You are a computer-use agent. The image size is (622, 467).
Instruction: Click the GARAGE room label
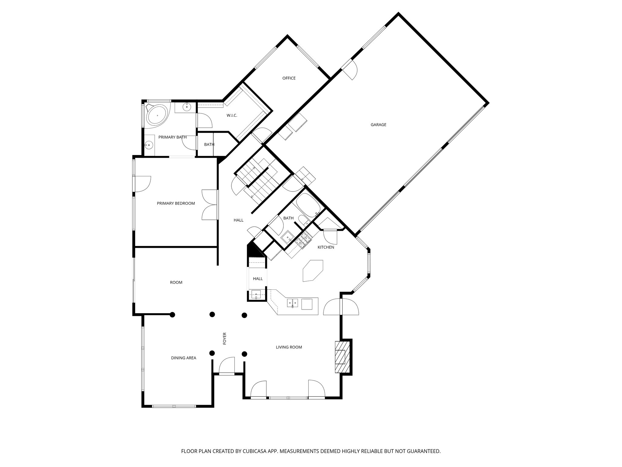point(378,125)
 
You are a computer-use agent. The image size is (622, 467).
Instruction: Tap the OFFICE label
point(289,78)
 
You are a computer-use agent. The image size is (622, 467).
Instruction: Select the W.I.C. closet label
point(232,116)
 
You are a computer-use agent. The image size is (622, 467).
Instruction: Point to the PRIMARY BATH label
point(172,137)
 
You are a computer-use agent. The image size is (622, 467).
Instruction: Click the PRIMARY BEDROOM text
point(176,203)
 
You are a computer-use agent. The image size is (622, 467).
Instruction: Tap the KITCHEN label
point(326,247)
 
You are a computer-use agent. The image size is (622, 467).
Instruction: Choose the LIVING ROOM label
point(289,347)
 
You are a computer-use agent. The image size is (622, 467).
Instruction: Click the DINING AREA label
point(183,358)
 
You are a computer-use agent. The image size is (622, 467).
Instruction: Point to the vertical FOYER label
point(225,338)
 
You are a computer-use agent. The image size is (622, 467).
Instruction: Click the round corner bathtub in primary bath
point(157,116)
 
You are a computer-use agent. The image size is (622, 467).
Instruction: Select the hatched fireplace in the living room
point(342,357)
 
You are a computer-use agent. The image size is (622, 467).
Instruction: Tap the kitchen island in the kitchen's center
point(313,270)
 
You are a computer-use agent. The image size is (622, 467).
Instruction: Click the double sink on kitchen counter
point(293,303)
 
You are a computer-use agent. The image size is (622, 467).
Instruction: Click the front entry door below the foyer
point(227,366)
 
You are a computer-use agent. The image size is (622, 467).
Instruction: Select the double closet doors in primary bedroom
point(210,205)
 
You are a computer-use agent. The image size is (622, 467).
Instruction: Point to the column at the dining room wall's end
point(172,315)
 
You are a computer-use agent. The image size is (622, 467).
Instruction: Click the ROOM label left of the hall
point(176,282)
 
